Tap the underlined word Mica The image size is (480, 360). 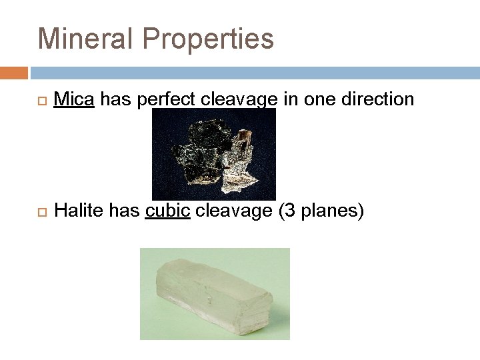click(75, 99)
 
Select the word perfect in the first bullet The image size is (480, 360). click(163, 100)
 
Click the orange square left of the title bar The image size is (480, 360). click(14, 72)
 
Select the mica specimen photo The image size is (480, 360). click(213, 154)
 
